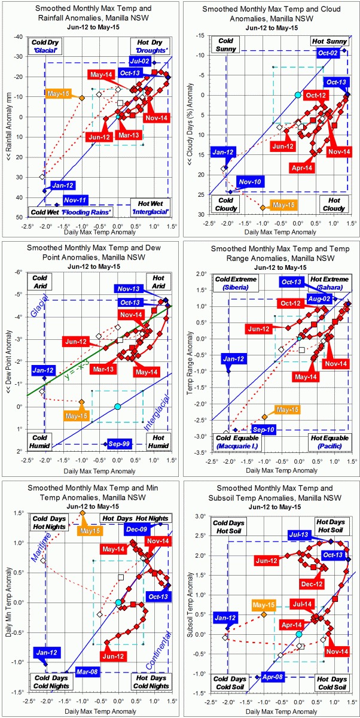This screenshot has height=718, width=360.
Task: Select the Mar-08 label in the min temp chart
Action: (86, 672)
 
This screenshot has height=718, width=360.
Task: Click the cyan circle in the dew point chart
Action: (117, 406)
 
